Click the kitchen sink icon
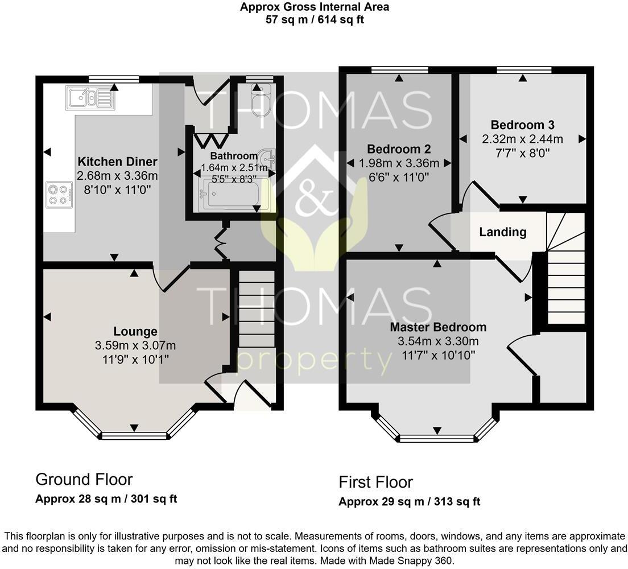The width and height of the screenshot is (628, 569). pyautogui.click(x=89, y=97)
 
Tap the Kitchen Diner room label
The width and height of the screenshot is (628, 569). pyautogui.click(x=117, y=162)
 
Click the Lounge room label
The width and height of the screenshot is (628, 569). pyautogui.click(x=135, y=331)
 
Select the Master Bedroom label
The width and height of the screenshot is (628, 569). pyautogui.click(x=438, y=327)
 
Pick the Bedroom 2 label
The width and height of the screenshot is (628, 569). pyautogui.click(x=399, y=149)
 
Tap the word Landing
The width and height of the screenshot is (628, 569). pyautogui.click(x=502, y=232)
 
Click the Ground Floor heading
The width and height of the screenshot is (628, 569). pyautogui.click(x=84, y=479)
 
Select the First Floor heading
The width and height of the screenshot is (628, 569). pyautogui.click(x=375, y=483)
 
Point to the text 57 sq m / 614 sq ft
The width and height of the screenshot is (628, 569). pyautogui.click(x=315, y=19)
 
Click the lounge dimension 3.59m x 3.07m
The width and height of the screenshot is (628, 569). pyautogui.click(x=135, y=345)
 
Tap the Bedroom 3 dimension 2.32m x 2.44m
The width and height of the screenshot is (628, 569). pyautogui.click(x=522, y=139)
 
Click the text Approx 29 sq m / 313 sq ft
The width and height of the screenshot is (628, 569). pyautogui.click(x=409, y=502)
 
